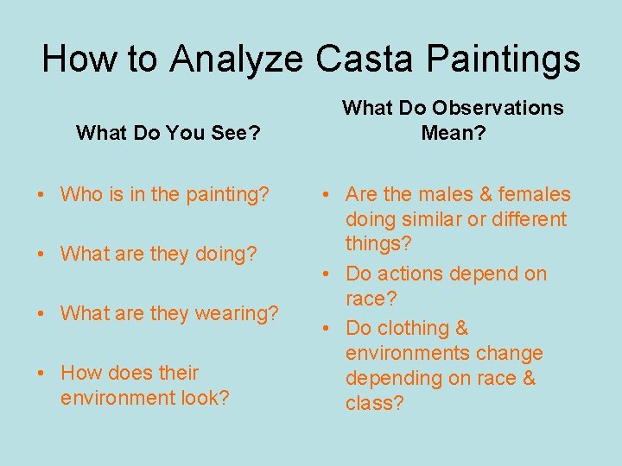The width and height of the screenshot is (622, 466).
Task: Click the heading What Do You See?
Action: point(169,133)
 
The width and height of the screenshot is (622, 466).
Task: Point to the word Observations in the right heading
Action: point(498,108)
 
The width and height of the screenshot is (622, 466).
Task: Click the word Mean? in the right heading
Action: point(453,133)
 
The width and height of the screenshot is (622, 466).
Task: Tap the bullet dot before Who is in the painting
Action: point(41,194)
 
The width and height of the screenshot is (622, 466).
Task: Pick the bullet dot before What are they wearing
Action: point(41,313)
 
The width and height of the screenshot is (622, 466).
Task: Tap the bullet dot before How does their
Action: point(41,373)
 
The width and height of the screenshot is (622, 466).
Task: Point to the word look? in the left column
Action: point(205,398)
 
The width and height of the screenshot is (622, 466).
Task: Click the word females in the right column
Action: point(533,194)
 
